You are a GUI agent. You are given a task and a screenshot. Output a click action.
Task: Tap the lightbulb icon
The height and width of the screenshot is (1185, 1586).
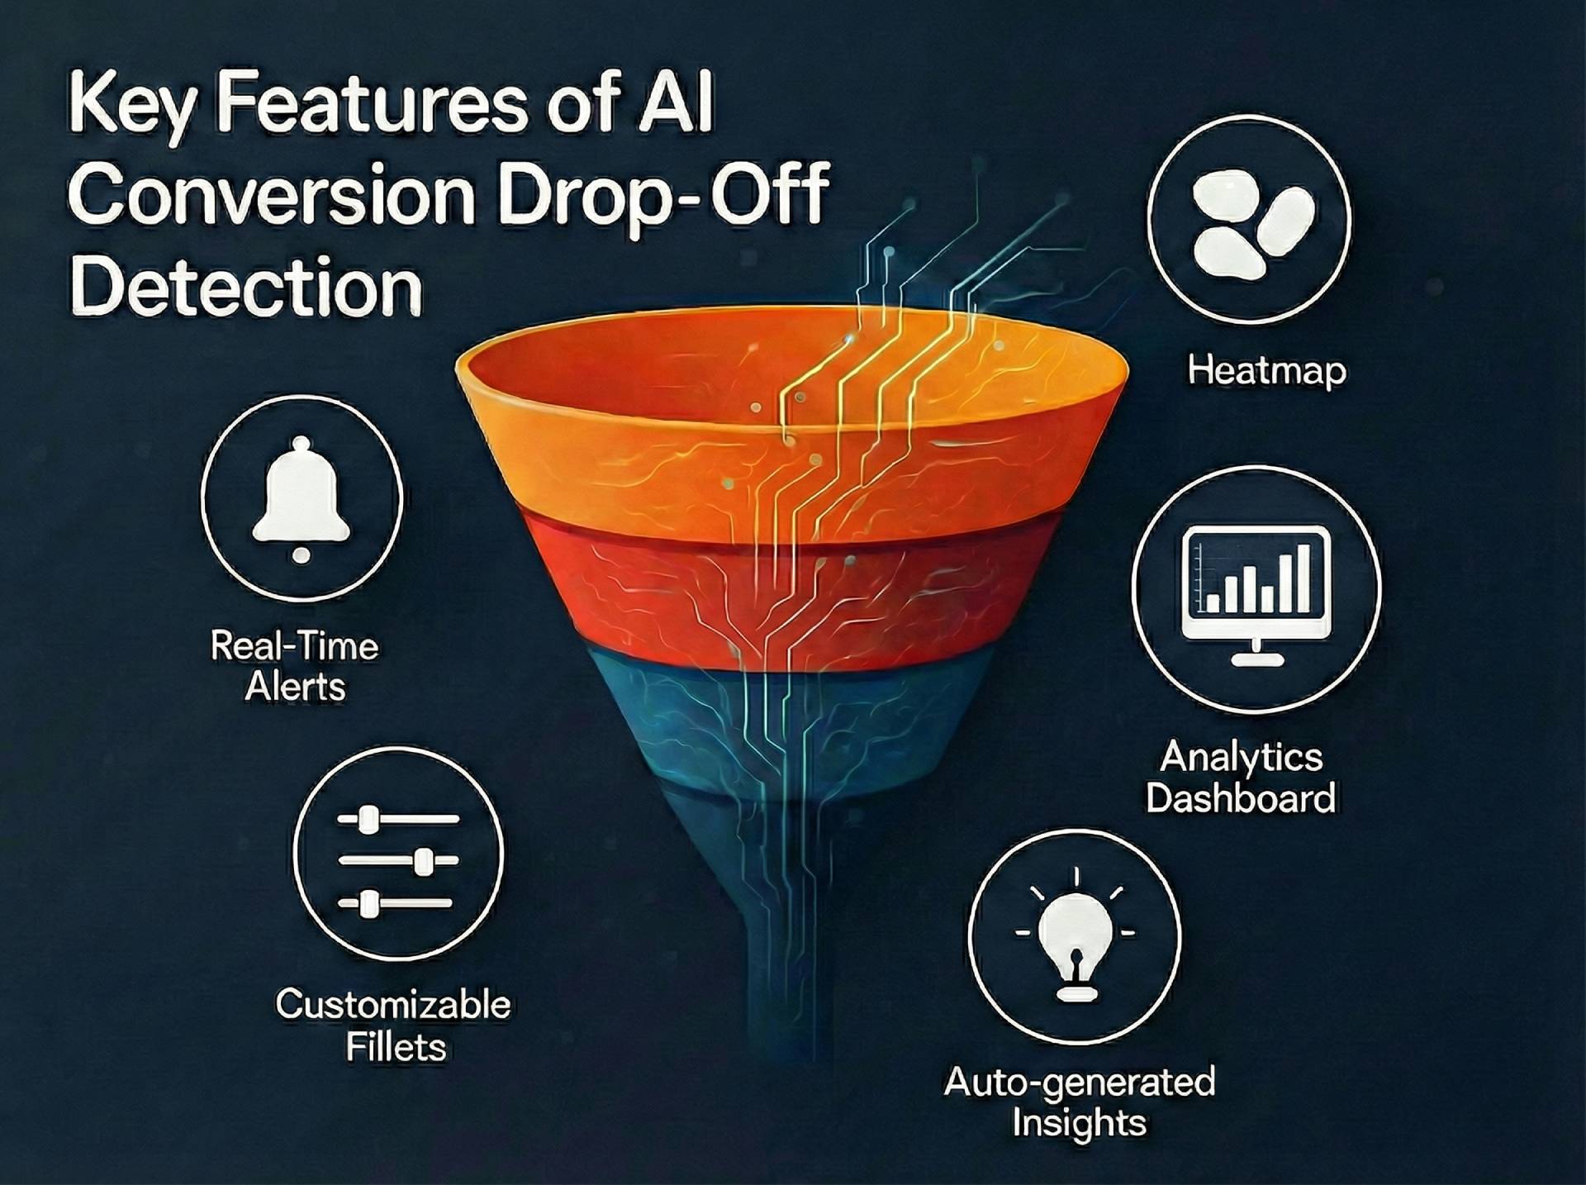pos(1075,937)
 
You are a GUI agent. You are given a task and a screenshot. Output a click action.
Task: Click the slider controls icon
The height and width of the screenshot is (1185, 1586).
pos(398,861)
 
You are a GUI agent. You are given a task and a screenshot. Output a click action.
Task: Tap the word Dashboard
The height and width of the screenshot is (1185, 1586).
pos(1241,798)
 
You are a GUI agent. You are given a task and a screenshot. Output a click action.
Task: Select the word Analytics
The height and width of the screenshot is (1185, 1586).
pos(1242,756)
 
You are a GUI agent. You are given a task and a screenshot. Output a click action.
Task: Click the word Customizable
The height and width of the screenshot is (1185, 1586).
pos(393,1005)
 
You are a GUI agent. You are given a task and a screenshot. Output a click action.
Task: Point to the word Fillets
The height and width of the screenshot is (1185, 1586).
pos(396,1047)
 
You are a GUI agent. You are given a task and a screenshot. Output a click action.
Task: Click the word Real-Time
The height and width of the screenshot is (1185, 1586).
pos(295,645)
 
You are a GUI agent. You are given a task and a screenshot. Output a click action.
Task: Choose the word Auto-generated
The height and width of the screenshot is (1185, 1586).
pos(1080,1082)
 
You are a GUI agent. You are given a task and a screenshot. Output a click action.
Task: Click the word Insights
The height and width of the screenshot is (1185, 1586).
pos(1080,1123)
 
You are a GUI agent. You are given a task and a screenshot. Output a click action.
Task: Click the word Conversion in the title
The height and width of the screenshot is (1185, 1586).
pos(273,196)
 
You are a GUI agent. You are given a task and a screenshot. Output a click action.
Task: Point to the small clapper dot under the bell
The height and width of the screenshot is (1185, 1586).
pos(302,555)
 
